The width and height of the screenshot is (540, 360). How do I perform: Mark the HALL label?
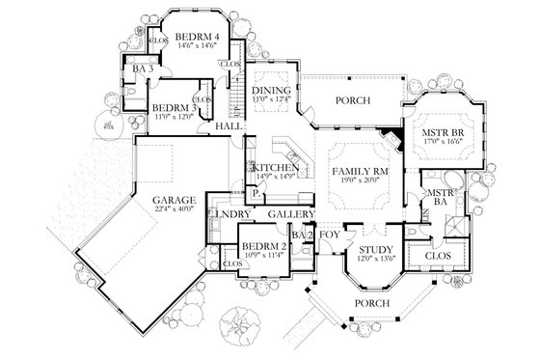229,126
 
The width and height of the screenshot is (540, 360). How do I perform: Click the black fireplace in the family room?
389,136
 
